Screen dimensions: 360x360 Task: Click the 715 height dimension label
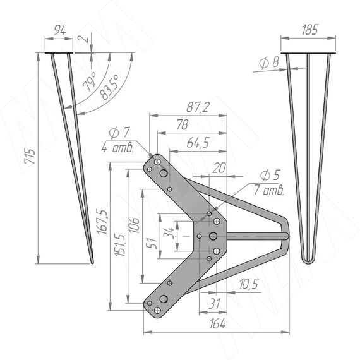pyautogui.click(x=30, y=157)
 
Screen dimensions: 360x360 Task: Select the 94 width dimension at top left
pyautogui.click(x=60, y=31)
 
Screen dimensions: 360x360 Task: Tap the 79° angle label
pyautogui.click(x=89, y=81)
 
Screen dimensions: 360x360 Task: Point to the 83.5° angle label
pyautogui.click(x=110, y=88)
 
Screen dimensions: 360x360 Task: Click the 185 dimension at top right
pyautogui.click(x=310, y=30)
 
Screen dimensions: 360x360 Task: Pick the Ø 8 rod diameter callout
pyautogui.click(x=269, y=63)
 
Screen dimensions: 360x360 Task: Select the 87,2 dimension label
pyautogui.click(x=198, y=107)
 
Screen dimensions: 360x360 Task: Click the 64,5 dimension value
pyautogui.click(x=198, y=143)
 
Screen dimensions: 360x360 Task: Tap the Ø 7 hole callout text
pyautogui.click(x=119, y=133)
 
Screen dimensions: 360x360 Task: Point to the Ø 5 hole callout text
pyautogui.click(x=270, y=176)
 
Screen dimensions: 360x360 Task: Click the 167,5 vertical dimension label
pyautogui.click(x=102, y=222)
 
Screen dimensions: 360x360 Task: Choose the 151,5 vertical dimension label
pyautogui.click(x=120, y=246)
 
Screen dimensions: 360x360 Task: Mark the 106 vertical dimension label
pyautogui.click(x=134, y=225)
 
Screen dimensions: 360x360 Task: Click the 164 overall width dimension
pyautogui.click(x=217, y=324)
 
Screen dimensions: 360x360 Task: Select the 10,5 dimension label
pyautogui.click(x=249, y=284)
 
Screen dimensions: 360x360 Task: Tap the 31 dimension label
pyautogui.click(x=214, y=304)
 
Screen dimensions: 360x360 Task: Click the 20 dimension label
pyautogui.click(x=219, y=168)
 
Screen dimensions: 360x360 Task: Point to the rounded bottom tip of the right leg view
pyautogui.click(x=308, y=261)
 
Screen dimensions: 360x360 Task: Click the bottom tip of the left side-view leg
pyautogui.click(x=92, y=263)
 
